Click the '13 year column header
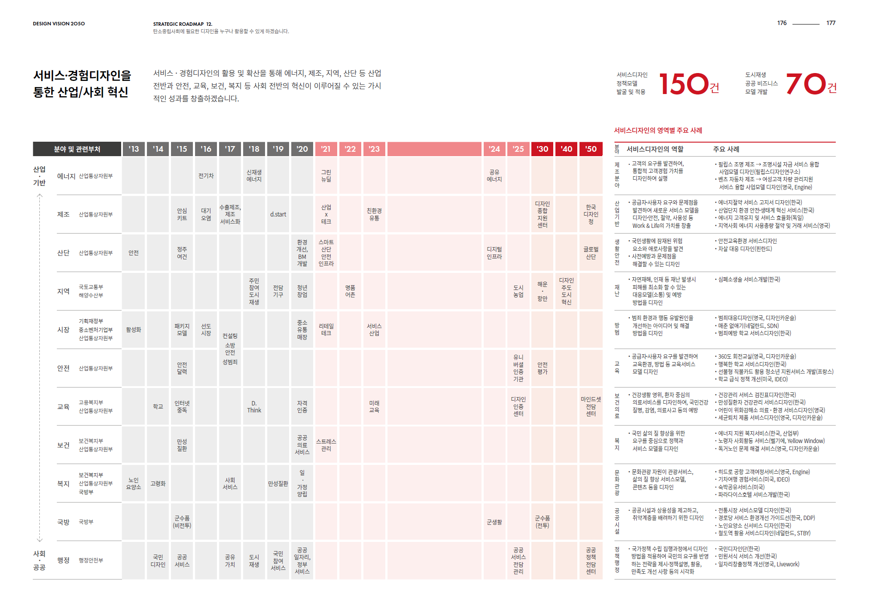coord(133,149)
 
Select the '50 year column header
coord(590,149)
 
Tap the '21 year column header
coord(326,149)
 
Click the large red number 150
coord(683,84)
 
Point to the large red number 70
coord(806,84)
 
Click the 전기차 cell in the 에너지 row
coord(206,176)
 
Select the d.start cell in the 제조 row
coord(278,214)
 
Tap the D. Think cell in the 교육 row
coord(254,407)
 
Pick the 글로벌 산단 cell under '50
coord(590,253)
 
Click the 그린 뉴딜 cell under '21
coord(326,176)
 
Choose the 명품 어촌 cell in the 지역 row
coord(350,291)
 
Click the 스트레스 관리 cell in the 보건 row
coord(326,445)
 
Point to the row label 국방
coord(63,522)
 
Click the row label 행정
coord(63,560)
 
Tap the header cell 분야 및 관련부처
coord(77,149)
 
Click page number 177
coord(831,23)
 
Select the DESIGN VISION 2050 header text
coord(59,24)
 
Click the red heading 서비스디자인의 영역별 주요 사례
coord(658,130)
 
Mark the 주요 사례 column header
coord(726,149)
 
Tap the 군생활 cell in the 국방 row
coord(494,522)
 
